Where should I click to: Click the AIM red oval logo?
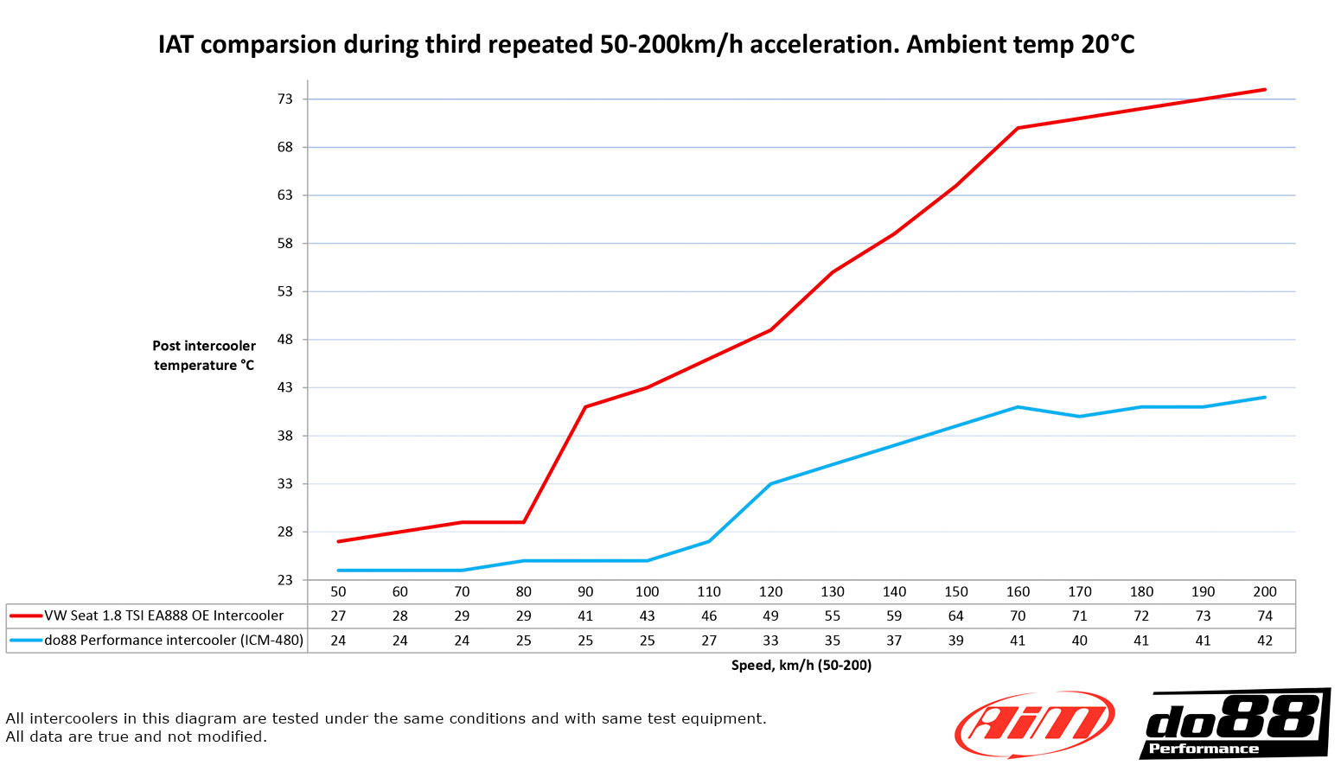tap(1034, 724)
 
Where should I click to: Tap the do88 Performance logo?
tap(1234, 724)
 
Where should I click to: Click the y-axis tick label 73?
tap(285, 99)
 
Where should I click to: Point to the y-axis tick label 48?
tap(285, 340)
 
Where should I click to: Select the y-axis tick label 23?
tap(285, 580)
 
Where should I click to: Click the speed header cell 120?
tap(770, 592)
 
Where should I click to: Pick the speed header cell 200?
tap(1265, 592)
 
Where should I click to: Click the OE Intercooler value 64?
tap(955, 616)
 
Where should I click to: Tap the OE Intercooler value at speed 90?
tap(585, 616)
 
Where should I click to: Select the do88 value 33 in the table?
tap(770, 641)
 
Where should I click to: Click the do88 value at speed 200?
tap(1265, 641)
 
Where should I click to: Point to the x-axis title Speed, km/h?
tap(801, 666)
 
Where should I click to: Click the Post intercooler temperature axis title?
tap(204, 355)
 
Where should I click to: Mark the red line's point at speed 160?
tap(1018, 128)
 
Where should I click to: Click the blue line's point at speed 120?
tap(770, 484)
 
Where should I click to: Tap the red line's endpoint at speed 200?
tap(1265, 90)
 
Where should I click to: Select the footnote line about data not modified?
tap(137, 737)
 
